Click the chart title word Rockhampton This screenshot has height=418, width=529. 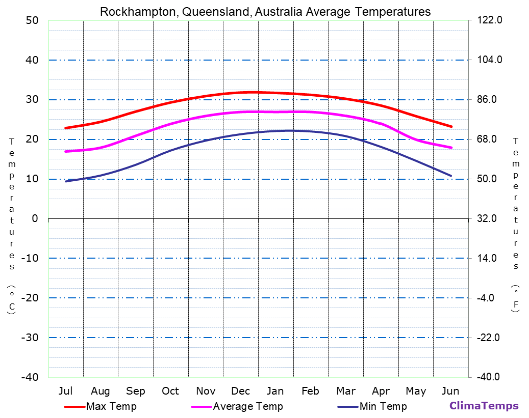tap(136, 12)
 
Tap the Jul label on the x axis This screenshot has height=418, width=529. tap(65, 391)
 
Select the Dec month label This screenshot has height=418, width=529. tap(240, 391)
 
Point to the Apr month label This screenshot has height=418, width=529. tap(381, 391)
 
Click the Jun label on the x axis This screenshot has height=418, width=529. tap(450, 391)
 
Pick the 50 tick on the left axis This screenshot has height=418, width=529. tap(32, 20)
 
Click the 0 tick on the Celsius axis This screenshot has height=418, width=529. tap(35, 218)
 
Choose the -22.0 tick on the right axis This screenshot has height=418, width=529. tap(488, 338)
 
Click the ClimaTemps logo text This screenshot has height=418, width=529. tap(484, 406)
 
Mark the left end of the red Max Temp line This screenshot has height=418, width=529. tap(66, 128)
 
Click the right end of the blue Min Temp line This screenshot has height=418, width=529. tap(451, 176)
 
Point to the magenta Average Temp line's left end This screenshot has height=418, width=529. tap(66, 151)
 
